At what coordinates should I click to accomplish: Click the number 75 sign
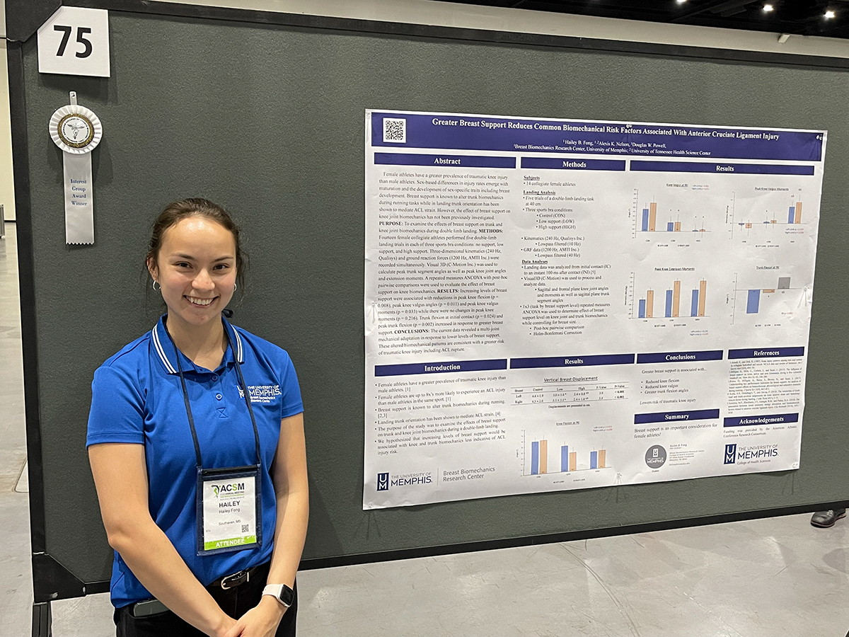74,41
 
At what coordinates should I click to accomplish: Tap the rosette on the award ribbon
75,130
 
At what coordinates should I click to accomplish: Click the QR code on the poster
394,130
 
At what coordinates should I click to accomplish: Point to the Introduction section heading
441,367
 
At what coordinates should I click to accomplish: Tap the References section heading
766,352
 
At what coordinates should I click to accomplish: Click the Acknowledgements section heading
761,421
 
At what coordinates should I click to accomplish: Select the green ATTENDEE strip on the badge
229,542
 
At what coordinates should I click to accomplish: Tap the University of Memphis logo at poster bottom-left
404,480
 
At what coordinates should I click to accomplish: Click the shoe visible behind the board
828,518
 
